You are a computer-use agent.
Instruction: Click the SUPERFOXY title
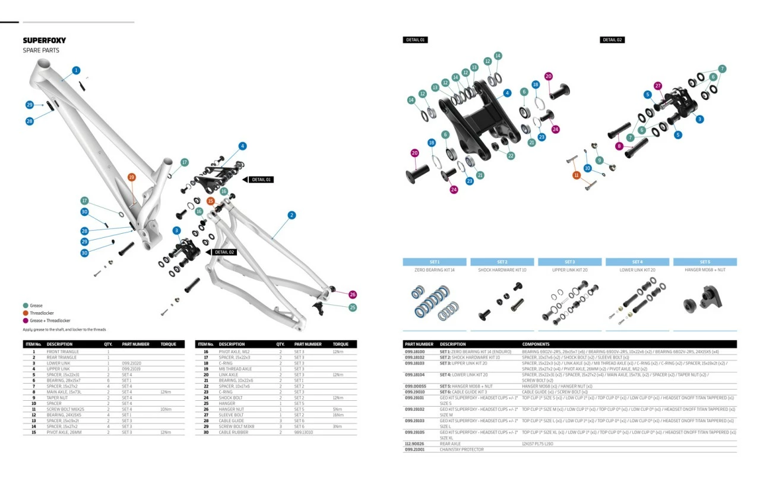(45, 40)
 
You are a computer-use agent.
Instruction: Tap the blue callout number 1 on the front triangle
(76, 70)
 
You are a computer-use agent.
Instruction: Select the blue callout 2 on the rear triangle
(292, 215)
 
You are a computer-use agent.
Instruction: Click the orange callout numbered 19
(132, 177)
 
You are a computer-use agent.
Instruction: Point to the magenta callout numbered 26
(353, 294)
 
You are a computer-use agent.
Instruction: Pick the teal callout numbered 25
(353, 307)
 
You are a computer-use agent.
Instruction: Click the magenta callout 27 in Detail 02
(657, 86)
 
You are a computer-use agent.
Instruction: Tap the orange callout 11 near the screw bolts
(576, 175)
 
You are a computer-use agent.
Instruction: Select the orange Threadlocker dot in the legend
(26, 313)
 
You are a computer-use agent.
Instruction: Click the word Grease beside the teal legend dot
(36, 306)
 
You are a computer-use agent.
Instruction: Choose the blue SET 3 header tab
(569, 262)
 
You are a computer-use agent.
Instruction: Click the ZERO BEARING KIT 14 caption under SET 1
(434, 270)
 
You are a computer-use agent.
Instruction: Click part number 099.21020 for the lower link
(131, 363)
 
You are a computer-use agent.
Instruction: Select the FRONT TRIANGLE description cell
(62, 351)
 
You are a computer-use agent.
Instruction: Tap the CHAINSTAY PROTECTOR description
(461, 450)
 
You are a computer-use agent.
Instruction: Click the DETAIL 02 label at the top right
(612, 40)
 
